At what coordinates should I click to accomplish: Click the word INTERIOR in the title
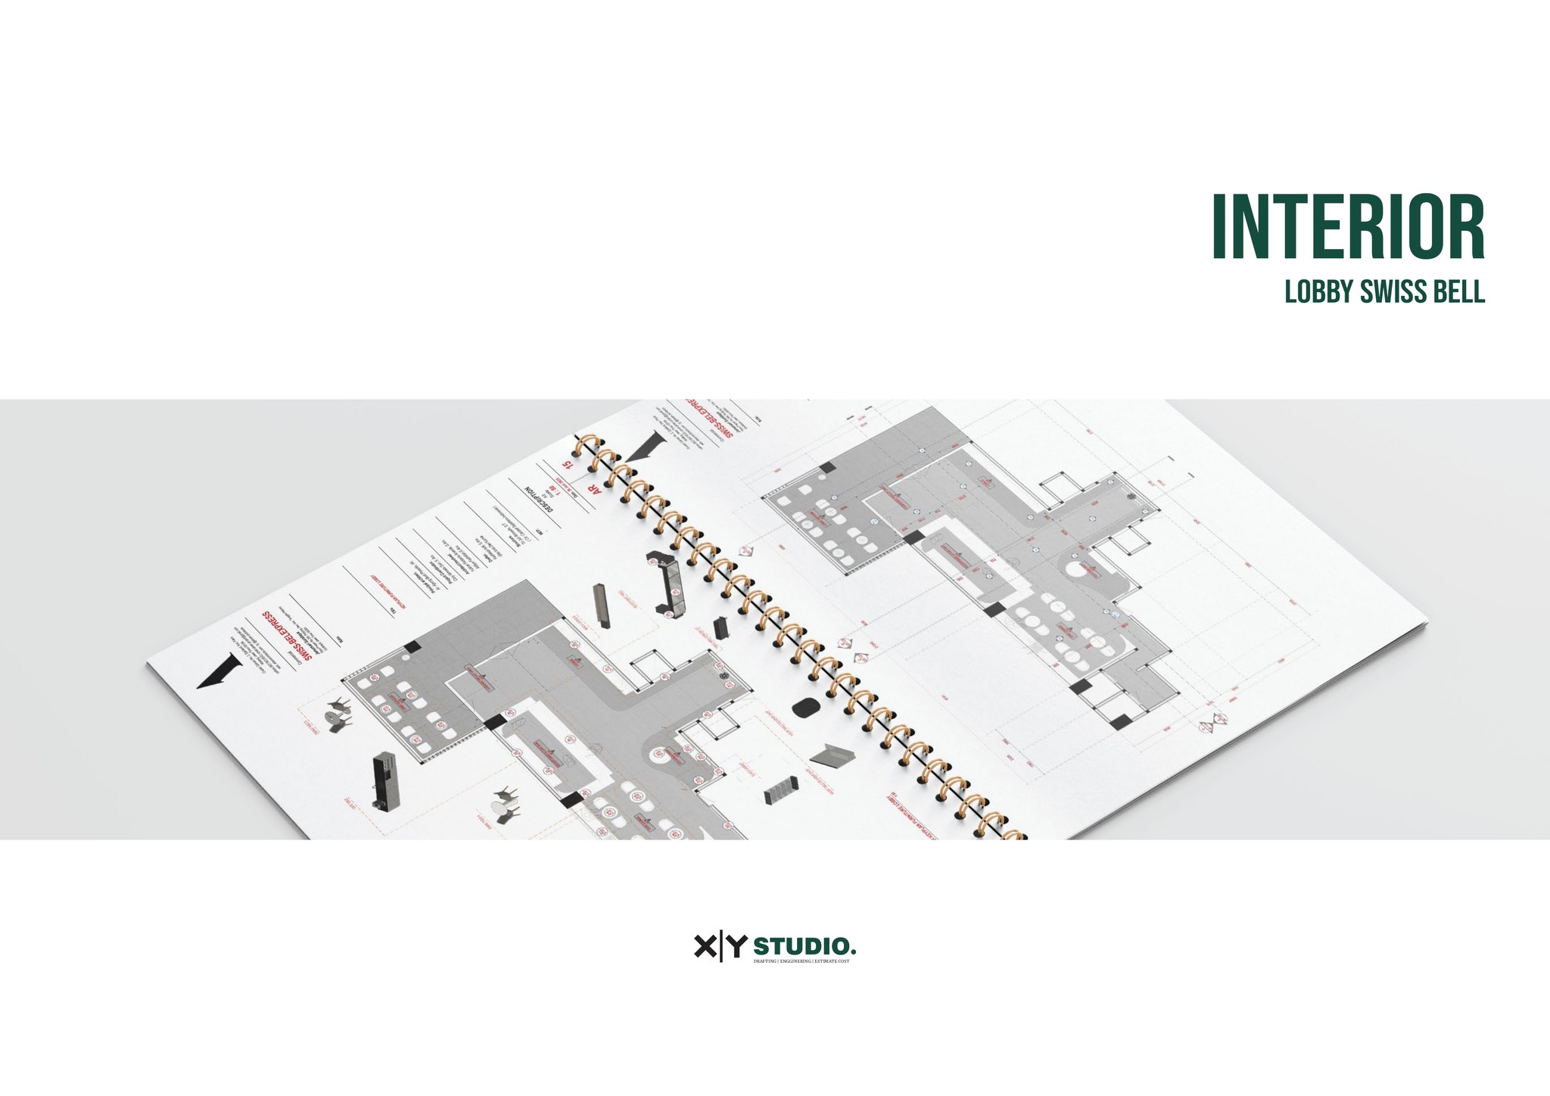click(x=1348, y=228)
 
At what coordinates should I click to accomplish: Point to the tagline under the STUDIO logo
click(x=801, y=961)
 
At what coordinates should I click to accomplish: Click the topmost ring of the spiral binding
click(x=585, y=447)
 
